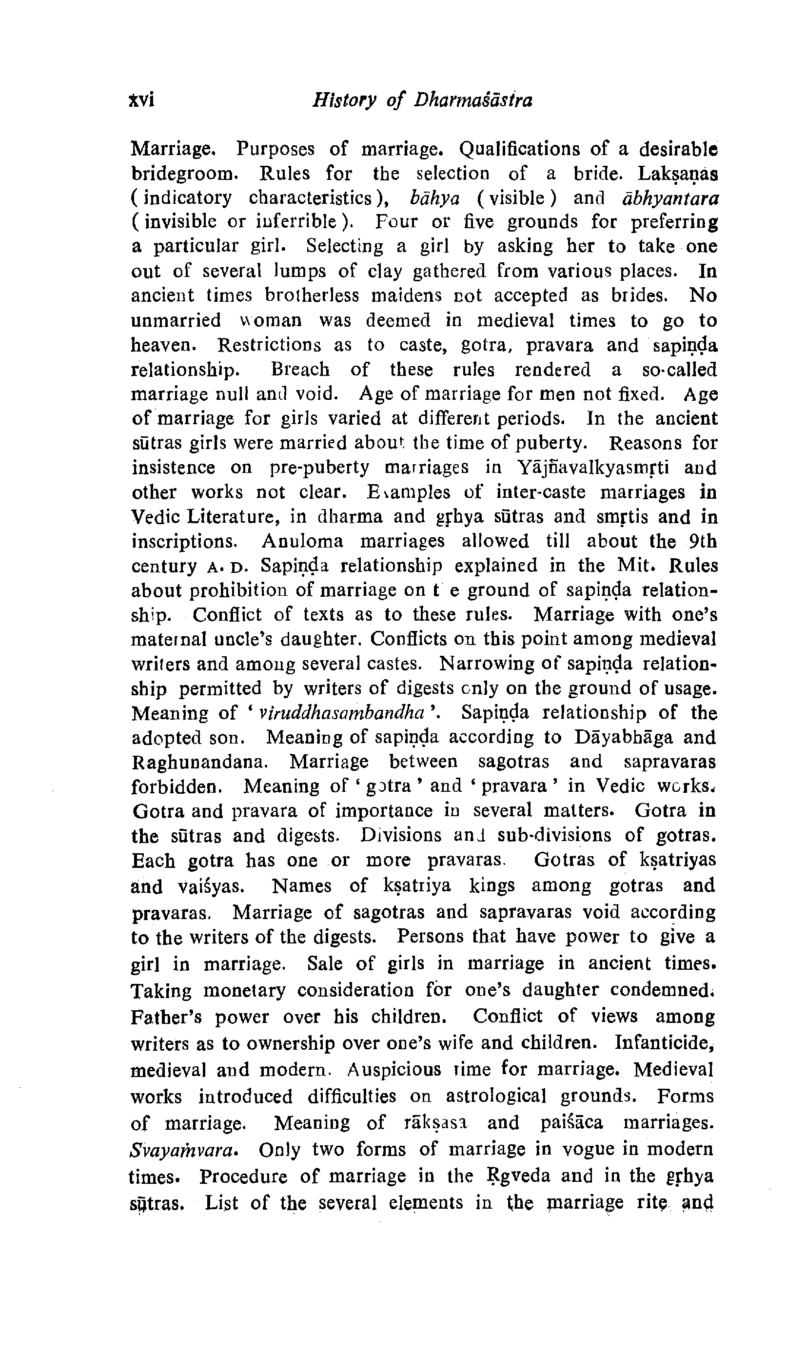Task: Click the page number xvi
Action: coord(142,100)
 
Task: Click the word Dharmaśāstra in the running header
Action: coord(473,100)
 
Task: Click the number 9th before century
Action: coord(702,541)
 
